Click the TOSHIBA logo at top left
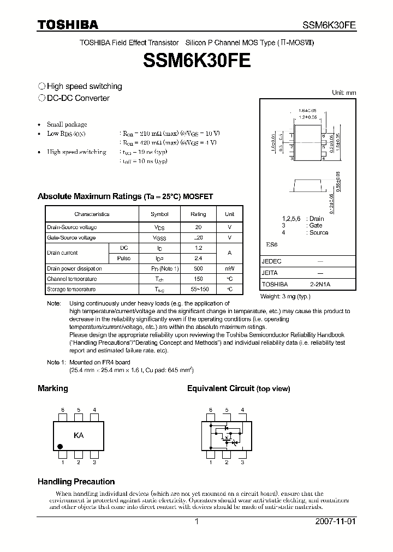pyautogui.click(x=68, y=25)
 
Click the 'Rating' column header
pyautogui.click(x=198, y=214)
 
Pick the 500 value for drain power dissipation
pyautogui.click(x=198, y=268)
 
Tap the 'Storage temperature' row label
pyautogui.click(x=72, y=289)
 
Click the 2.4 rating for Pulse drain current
pyautogui.click(x=198, y=258)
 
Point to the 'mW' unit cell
pyautogui.click(x=229, y=268)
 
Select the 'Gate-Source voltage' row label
pyautogui.click(x=72, y=238)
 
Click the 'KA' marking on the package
pyautogui.click(x=79, y=435)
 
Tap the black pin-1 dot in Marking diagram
pyautogui.click(x=61, y=447)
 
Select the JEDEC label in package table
pyautogui.click(x=271, y=261)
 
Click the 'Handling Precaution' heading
pyautogui.click(x=76, y=482)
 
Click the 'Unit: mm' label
pyautogui.click(x=344, y=93)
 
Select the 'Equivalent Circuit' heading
pyautogui.click(x=238, y=388)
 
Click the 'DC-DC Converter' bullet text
pyautogui.click(x=78, y=98)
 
